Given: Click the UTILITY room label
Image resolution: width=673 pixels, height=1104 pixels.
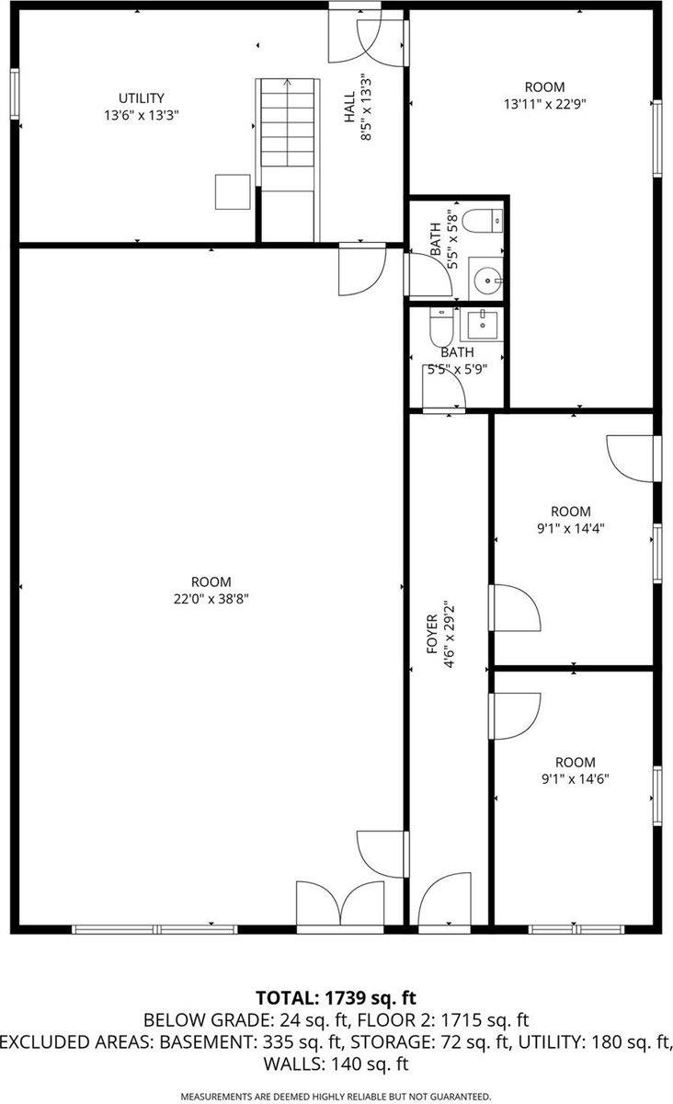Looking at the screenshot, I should (141, 98).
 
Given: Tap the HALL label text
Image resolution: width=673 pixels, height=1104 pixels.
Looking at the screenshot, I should (350, 112).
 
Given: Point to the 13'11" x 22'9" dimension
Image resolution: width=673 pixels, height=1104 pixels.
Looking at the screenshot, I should (544, 104).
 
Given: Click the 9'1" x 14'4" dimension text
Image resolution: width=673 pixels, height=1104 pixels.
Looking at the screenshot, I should (570, 528).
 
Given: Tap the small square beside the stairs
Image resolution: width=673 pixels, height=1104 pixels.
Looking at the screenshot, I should (233, 192).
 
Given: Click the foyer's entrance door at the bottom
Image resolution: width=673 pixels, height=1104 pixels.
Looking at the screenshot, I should (444, 902).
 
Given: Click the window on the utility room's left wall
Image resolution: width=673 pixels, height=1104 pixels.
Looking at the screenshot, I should (15, 95).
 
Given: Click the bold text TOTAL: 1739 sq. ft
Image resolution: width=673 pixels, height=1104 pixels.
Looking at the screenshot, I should (336, 996).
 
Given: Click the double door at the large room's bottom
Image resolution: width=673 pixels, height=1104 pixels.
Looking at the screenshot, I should (339, 905).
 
